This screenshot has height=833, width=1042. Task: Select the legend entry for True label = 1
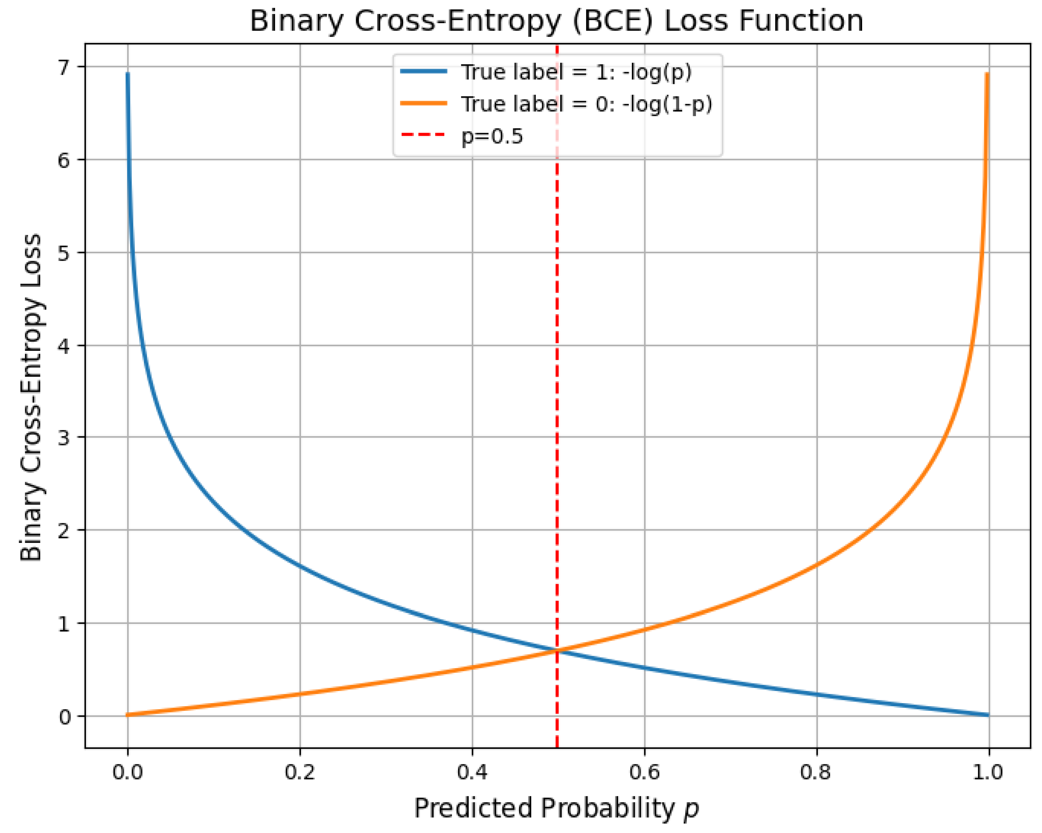click(546, 72)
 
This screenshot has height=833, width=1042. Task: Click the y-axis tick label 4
click(64, 346)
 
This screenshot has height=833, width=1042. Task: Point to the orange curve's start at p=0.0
click(128, 715)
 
